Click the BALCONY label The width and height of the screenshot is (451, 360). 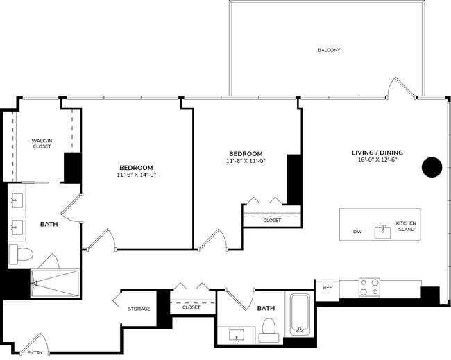[329, 50]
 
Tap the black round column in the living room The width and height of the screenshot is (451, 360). [432, 166]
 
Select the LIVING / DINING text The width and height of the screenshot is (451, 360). [377, 153]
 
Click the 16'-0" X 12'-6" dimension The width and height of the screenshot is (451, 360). [377, 160]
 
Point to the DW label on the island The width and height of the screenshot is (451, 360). [357, 232]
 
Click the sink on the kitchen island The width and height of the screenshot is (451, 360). [382, 231]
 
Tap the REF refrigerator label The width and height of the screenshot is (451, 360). [327, 288]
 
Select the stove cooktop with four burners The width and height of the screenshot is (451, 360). [369, 286]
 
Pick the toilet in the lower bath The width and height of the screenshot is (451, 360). [269, 330]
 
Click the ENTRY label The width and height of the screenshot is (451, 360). [35, 352]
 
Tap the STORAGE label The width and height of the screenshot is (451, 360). [139, 309]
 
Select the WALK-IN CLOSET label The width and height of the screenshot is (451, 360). [42, 144]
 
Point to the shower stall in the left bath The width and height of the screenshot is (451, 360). [56, 283]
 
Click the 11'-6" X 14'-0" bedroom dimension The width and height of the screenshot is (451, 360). [136, 175]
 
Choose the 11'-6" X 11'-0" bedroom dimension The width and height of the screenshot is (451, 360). [246, 161]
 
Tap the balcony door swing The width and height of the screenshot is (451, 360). [402, 88]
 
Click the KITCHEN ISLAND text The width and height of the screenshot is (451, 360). [405, 226]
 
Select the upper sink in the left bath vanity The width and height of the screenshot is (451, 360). [16, 200]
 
